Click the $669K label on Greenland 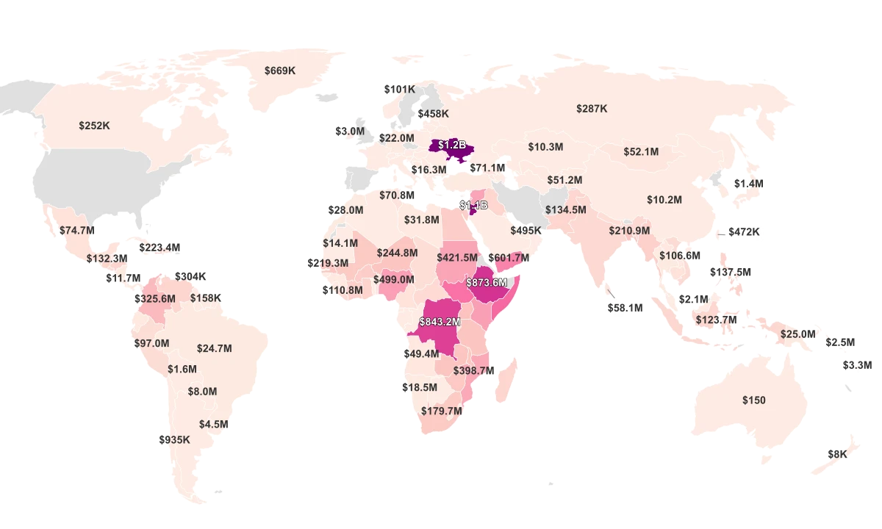tap(279, 71)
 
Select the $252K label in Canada tap(94, 126)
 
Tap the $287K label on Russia tap(592, 109)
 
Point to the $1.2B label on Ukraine tap(452, 145)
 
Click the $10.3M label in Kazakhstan tap(545, 147)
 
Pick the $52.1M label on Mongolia tap(641, 151)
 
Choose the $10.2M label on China tap(664, 200)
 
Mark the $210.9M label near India tap(629, 231)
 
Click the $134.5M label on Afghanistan tap(566, 210)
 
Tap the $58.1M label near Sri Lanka tap(625, 309)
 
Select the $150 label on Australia tap(753, 400)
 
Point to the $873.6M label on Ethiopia tap(487, 282)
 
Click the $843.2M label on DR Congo tap(440, 322)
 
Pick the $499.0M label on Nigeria tap(393, 280)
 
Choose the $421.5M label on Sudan tap(456, 258)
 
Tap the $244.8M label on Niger tap(397, 253)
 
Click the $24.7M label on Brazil tap(215, 348)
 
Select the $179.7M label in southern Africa tap(442, 411)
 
